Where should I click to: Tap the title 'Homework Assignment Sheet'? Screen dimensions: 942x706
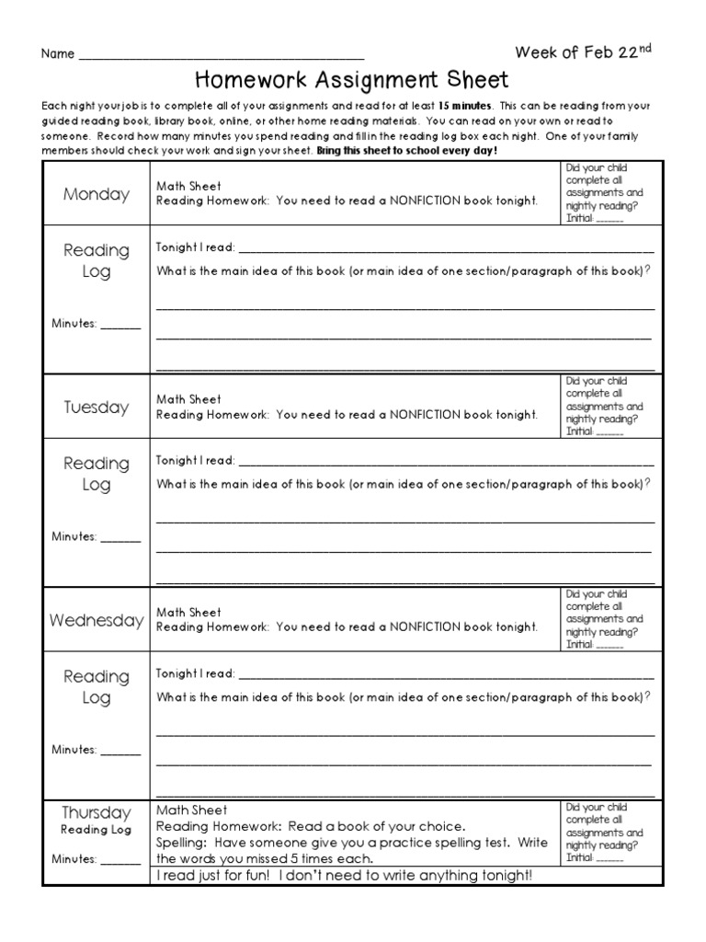tap(352, 81)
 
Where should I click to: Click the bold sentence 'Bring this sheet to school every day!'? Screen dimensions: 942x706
tap(406, 150)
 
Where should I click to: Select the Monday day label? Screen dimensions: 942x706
tap(97, 194)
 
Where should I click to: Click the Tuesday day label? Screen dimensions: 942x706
tap(97, 407)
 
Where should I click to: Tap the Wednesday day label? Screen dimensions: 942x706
tap(97, 620)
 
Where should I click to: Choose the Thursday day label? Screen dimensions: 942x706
tap(97, 812)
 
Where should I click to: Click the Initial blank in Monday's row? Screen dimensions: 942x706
tap(610, 221)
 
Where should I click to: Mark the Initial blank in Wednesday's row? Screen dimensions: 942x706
tap(610, 646)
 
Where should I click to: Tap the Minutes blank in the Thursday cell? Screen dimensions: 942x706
tap(120, 861)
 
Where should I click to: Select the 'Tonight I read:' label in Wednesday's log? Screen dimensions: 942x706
tap(195, 673)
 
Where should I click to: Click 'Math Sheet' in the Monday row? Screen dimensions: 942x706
tap(188, 187)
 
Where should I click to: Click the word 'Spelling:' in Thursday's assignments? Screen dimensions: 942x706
tap(182, 843)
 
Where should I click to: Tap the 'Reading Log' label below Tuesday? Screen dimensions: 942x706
tap(97, 474)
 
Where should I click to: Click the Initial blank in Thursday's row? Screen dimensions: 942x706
tap(610, 858)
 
